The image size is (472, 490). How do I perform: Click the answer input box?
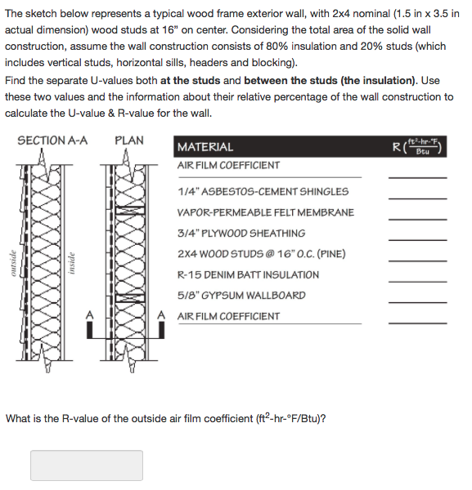pyautogui.click(x=87, y=465)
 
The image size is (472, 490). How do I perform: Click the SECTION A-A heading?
pyautogui.click(x=52, y=141)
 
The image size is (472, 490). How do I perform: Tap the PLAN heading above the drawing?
pyautogui.click(x=129, y=141)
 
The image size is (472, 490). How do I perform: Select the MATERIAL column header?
pyautogui.click(x=205, y=147)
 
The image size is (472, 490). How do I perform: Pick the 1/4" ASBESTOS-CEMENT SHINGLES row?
pyautogui.click(x=263, y=192)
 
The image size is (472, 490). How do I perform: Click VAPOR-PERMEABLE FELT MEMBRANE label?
pyautogui.click(x=266, y=212)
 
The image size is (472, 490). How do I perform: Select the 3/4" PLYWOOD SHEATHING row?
pyautogui.click(x=241, y=234)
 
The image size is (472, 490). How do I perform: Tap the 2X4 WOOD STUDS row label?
pyautogui.click(x=261, y=254)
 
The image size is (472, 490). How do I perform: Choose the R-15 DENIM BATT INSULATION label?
pyautogui.click(x=248, y=275)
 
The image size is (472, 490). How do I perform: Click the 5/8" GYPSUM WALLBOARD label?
pyautogui.click(x=241, y=296)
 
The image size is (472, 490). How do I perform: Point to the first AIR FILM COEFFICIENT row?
pyautogui.click(x=228, y=166)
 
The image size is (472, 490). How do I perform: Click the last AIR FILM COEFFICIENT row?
pyautogui.click(x=228, y=317)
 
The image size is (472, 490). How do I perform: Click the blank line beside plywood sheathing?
pyautogui.click(x=417, y=239)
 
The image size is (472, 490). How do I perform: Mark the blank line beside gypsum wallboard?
pyautogui.click(x=417, y=301)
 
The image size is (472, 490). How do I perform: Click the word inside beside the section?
pyautogui.click(x=72, y=262)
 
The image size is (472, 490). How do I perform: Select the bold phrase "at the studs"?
pyautogui.click(x=193, y=81)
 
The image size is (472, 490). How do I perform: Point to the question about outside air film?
pyautogui.click(x=166, y=419)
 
